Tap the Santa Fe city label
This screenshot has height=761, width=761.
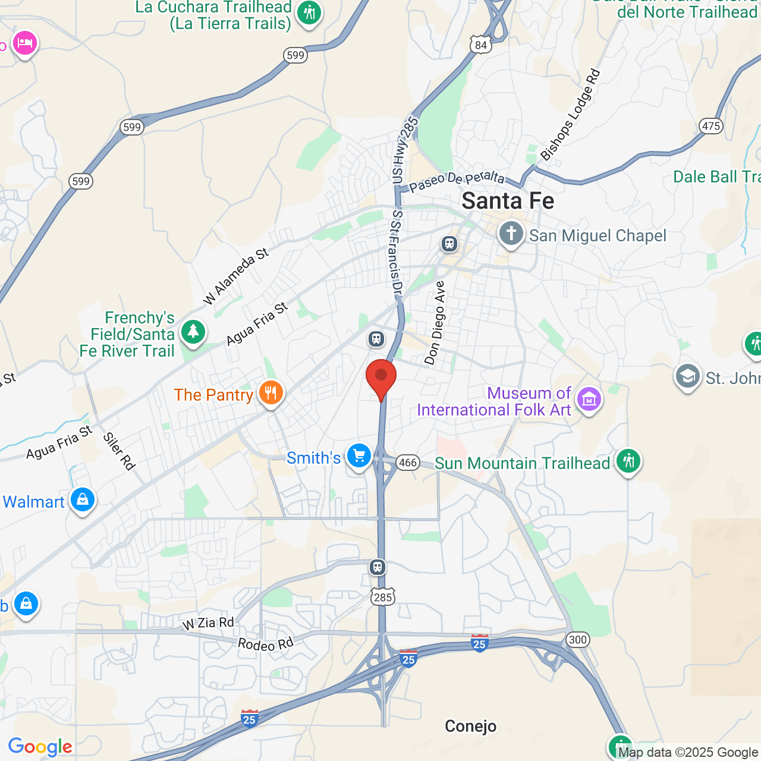[x=508, y=201]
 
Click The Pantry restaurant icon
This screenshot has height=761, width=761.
[x=271, y=393]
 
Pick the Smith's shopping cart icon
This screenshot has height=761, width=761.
[x=359, y=456]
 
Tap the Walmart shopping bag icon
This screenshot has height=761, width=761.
[x=83, y=499]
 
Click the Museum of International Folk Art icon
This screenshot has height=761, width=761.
[x=589, y=400]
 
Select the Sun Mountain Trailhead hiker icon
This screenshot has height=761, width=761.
[x=628, y=461]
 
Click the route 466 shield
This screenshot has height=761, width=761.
[x=408, y=463]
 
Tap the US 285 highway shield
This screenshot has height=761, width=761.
[x=383, y=596]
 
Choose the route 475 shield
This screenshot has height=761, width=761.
[x=711, y=125]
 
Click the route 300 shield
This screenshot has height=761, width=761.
[x=577, y=640]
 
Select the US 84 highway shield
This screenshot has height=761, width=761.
[x=480, y=45]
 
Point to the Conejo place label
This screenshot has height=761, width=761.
[x=470, y=727]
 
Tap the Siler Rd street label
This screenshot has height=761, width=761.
[x=119, y=451]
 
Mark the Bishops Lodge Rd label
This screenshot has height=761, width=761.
[x=570, y=115]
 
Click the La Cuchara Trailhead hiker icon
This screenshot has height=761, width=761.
[x=309, y=11]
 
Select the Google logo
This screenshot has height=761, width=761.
[x=40, y=747]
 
